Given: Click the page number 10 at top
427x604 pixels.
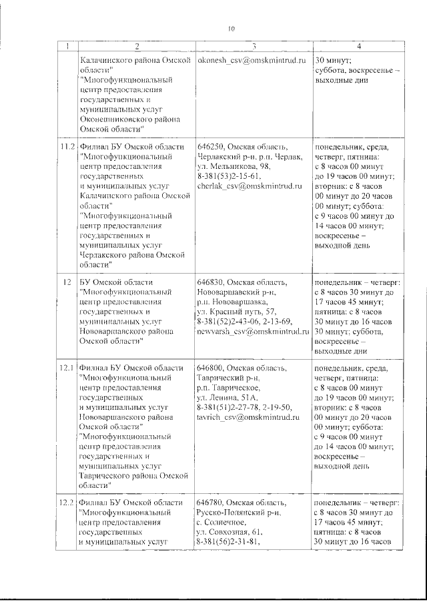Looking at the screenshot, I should coord(231,29).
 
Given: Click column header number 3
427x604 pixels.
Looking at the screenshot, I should coord(254,46).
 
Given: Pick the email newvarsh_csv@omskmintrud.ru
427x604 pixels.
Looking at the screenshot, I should coord(251,331).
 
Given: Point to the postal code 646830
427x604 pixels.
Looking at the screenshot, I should coord(210,283).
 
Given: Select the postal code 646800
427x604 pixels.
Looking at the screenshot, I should coord(210,368).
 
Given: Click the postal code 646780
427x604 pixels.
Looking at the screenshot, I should coord(210,502).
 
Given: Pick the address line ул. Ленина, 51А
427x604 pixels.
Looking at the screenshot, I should coord(228,397).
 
